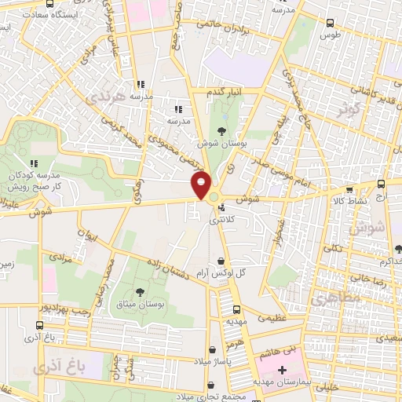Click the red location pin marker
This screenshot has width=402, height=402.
point(201,185)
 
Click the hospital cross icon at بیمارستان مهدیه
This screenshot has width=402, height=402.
point(282,369)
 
